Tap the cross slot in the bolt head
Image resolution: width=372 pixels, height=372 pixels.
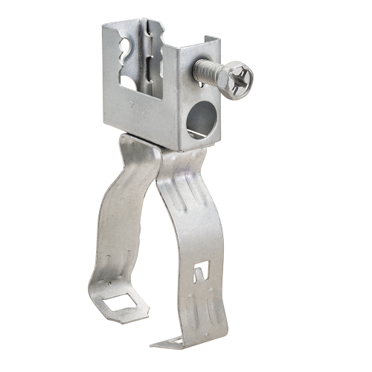tap(239, 80)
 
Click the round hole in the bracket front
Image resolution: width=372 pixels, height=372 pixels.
tap(199, 119)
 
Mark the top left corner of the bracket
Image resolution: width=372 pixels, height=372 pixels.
tap(106, 24)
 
